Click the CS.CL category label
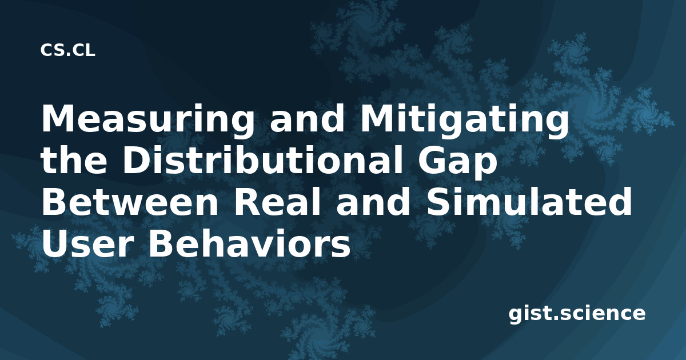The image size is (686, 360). coord(67,50)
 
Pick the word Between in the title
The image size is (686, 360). coord(130,201)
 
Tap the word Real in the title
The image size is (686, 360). coord(277,201)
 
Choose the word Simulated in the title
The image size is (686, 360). coord(529,201)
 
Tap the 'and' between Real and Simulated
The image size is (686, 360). coord(373,201)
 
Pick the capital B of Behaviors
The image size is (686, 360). coord(161,243)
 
